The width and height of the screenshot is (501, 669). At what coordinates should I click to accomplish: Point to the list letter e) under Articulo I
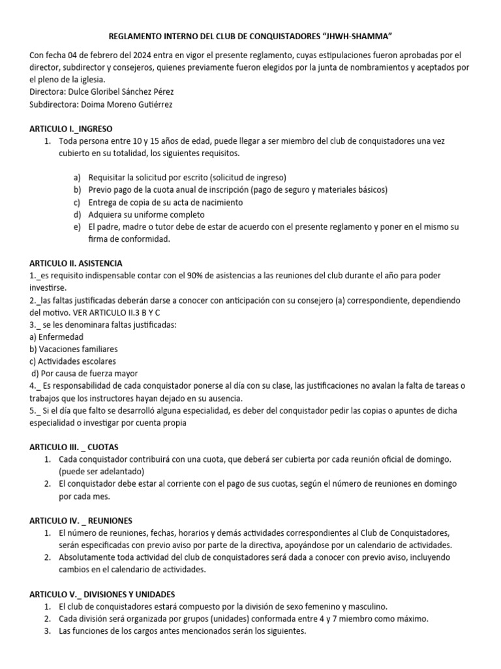click(77, 227)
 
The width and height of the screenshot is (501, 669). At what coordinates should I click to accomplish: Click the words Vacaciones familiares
click(78, 350)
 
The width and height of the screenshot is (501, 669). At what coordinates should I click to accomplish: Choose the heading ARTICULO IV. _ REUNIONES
click(80, 521)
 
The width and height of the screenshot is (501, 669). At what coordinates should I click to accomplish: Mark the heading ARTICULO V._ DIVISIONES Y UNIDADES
click(102, 594)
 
